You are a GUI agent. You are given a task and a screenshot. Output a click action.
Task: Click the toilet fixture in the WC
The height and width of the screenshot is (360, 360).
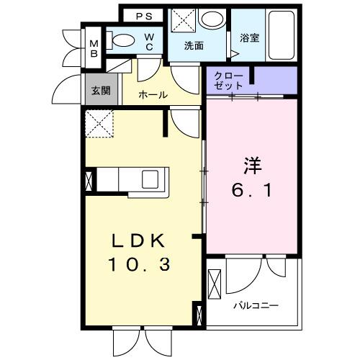point(123,42)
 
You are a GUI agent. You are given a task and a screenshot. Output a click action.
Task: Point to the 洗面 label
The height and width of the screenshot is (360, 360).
point(194,45)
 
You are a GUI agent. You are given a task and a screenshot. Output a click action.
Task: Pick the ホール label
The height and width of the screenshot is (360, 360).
point(153,94)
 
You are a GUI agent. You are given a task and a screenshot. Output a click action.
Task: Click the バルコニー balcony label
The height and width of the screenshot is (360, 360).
point(254,305)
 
